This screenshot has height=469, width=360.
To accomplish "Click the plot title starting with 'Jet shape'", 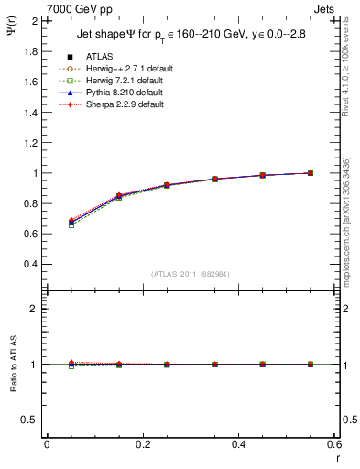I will click(194, 37).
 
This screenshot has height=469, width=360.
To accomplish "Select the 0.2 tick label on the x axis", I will click(142, 444).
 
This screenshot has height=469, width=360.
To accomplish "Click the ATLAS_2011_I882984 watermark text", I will click(191, 273).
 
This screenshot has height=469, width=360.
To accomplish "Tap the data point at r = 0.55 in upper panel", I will click(310, 173).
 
